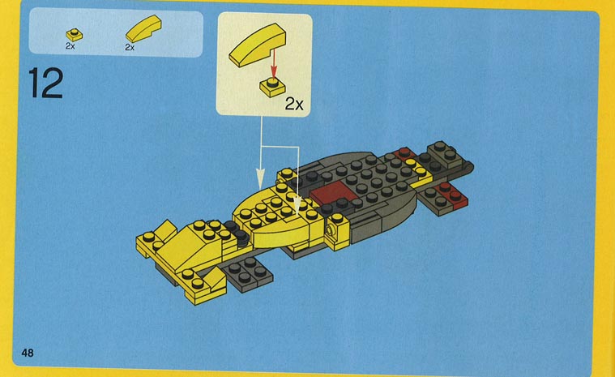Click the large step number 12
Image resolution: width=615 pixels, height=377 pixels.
click(46, 83)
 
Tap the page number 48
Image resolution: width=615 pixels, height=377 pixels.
click(28, 353)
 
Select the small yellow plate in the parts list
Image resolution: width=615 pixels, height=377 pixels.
click(74, 35)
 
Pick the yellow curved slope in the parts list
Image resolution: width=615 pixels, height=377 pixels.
click(143, 28)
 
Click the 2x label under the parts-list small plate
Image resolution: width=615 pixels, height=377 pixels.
click(70, 46)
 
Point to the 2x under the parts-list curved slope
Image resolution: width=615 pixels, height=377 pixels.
click(130, 48)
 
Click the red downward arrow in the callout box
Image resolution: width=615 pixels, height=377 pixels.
click(274, 62)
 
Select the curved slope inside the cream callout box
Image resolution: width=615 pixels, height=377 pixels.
click(258, 45)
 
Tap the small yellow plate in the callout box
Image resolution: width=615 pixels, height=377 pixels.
click(272, 87)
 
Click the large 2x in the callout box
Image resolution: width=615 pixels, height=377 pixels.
click(294, 104)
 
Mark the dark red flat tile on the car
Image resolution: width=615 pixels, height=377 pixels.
click(331, 193)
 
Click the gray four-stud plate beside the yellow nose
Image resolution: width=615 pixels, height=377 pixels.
click(247, 274)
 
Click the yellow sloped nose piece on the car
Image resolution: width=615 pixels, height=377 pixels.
click(188, 247)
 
